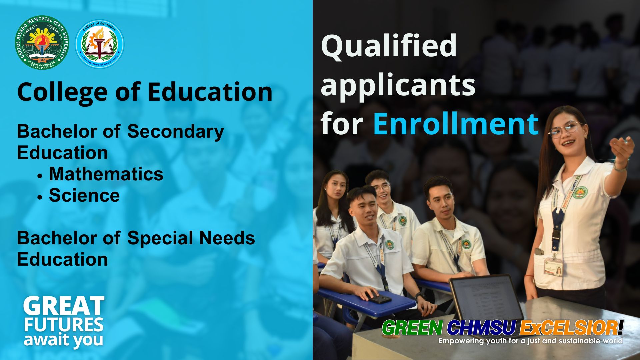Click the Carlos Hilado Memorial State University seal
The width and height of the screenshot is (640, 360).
click(x=42, y=43)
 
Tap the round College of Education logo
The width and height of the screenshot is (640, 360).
click(x=100, y=44)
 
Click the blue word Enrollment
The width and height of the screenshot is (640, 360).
click(x=456, y=124)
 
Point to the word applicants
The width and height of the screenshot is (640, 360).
click(x=398, y=85)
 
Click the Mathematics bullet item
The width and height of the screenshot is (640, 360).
click(x=106, y=174)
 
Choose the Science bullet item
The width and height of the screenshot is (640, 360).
click(x=84, y=195)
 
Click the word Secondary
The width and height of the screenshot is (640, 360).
click(x=175, y=131)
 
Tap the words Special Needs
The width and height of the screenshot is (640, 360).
click(x=191, y=238)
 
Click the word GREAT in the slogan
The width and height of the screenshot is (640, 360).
click(x=64, y=306)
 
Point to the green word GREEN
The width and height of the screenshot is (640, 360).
click(x=412, y=328)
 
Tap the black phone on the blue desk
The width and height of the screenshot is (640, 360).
click(x=379, y=298)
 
